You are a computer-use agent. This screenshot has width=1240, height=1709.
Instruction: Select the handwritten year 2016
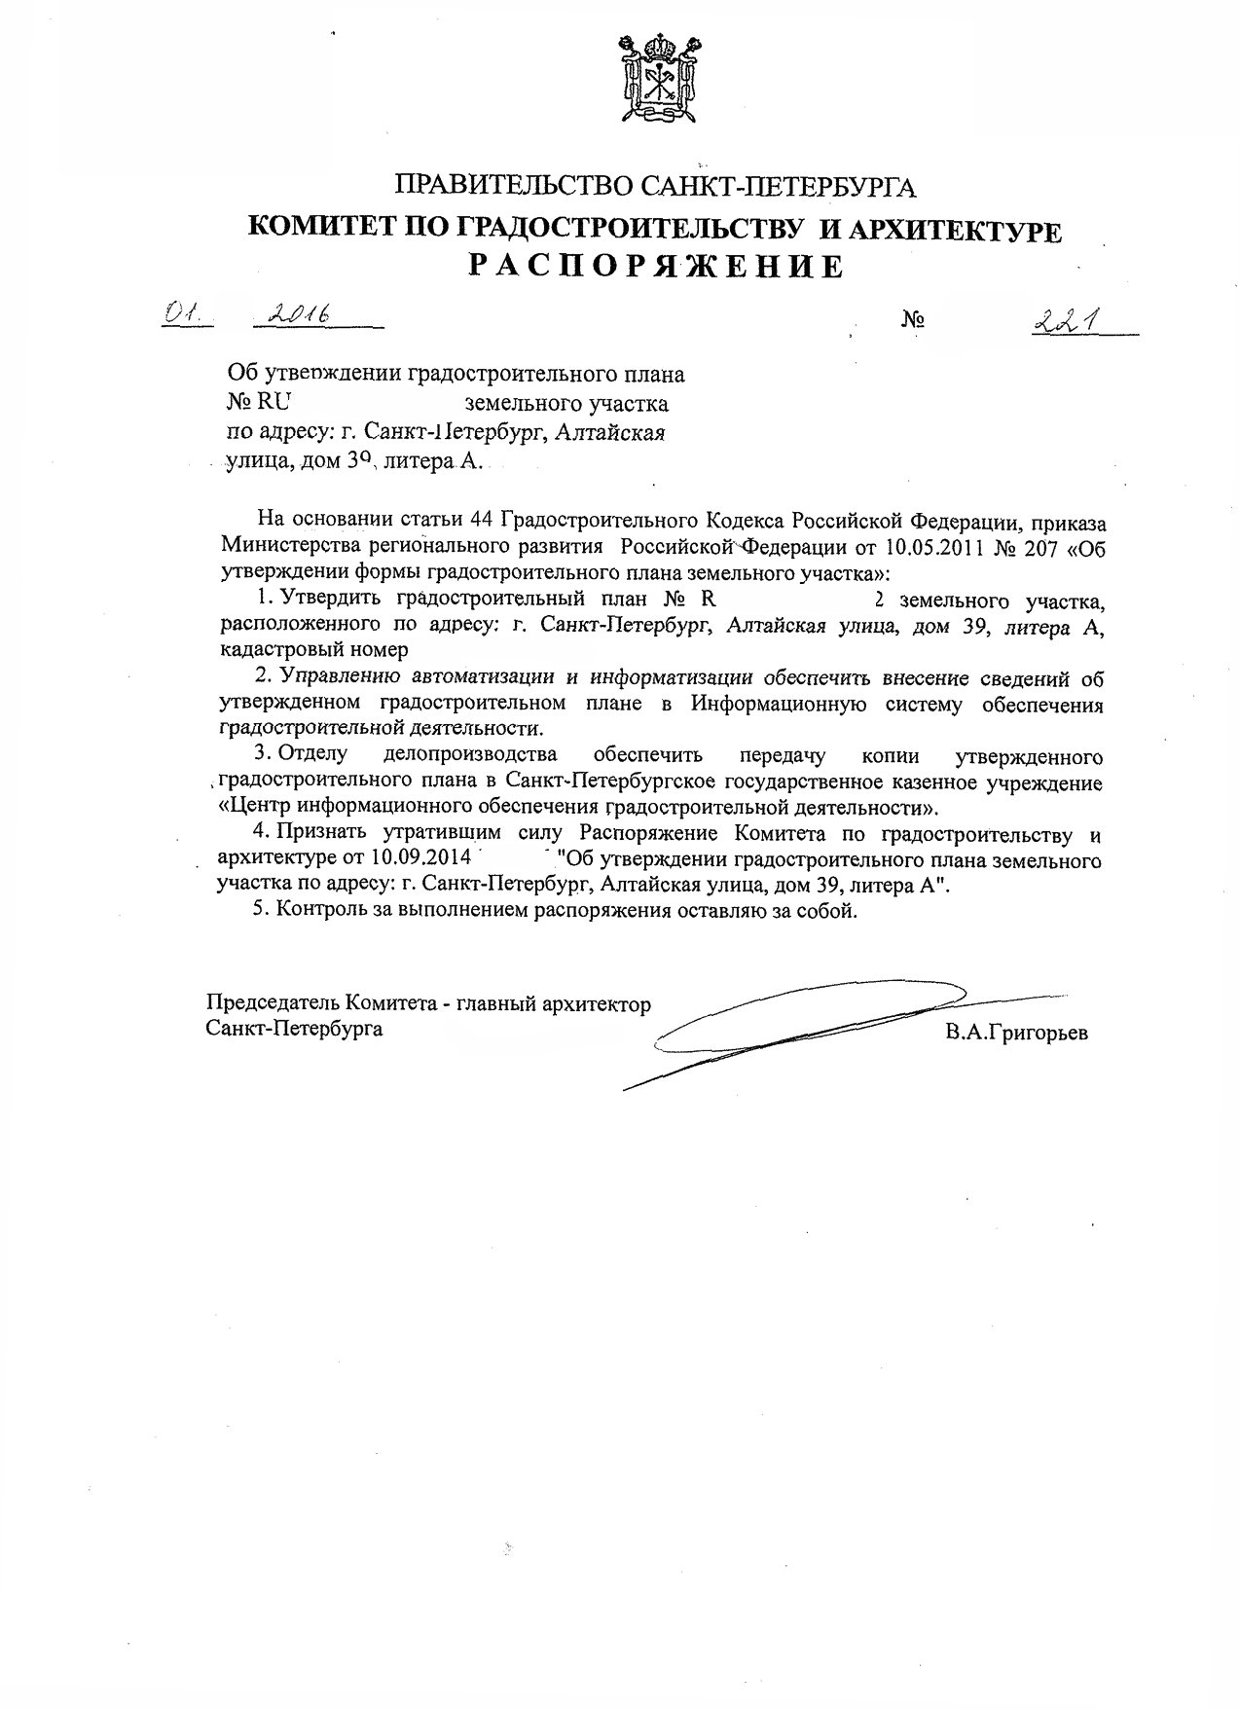tap(300, 312)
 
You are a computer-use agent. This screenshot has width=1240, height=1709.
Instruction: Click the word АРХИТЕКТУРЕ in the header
tap(957, 230)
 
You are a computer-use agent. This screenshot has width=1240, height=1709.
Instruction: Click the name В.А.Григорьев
tap(1016, 1033)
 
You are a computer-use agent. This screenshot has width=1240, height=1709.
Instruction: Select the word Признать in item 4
tap(324, 834)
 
